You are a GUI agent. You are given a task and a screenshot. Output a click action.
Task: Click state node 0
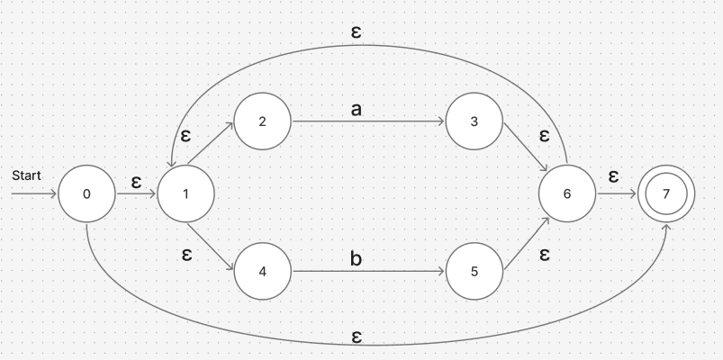tap(86, 193)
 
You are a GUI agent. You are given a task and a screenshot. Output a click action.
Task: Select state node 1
tap(185, 193)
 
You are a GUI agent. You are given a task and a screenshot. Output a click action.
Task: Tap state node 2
tap(262, 121)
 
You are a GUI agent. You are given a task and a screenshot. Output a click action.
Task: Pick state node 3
tap(474, 121)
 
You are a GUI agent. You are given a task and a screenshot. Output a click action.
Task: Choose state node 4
tap(262, 270)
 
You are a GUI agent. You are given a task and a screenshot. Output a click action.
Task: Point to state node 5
tap(474, 270)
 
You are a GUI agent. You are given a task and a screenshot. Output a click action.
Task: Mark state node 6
tap(567, 193)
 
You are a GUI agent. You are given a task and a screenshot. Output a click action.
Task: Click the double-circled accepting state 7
tap(666, 193)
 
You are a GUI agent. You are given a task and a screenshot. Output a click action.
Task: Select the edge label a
tap(357, 110)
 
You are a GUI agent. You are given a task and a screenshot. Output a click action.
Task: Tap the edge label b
tap(357, 259)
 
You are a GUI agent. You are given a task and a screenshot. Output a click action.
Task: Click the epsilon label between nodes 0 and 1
tap(136, 181)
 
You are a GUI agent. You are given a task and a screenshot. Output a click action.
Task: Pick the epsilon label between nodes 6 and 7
tap(613, 175)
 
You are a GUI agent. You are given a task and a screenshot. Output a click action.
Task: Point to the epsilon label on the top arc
tap(357, 31)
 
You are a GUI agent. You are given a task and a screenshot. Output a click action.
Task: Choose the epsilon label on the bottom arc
tap(357, 336)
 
